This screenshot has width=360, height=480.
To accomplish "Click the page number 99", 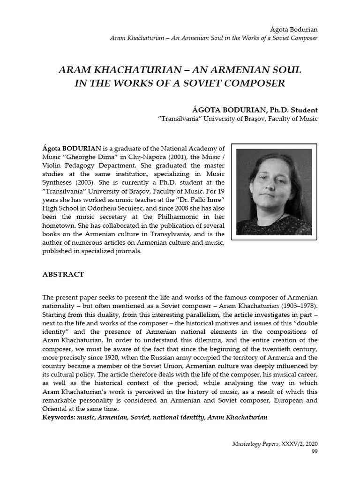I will coord(314,451).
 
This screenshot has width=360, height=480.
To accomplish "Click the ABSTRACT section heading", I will coord(63,275).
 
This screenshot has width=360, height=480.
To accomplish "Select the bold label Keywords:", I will coord(59,417).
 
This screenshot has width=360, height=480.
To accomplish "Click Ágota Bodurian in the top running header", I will coord(297,29).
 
